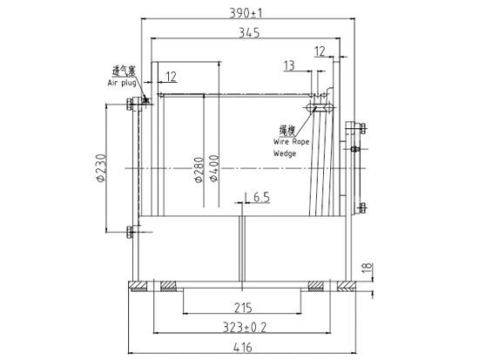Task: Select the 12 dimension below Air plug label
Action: tap(169, 78)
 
